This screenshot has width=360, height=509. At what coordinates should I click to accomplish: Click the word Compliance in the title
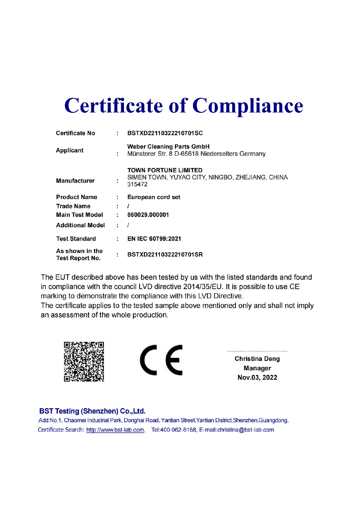click(247, 106)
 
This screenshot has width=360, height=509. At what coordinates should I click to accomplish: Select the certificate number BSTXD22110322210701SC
click(165, 133)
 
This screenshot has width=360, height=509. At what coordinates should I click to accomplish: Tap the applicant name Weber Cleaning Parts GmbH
click(168, 147)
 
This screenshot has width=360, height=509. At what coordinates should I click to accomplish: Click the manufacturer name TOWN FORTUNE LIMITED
click(165, 170)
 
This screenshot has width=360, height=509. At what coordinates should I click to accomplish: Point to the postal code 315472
click(137, 185)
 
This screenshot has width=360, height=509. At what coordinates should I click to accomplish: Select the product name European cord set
click(154, 197)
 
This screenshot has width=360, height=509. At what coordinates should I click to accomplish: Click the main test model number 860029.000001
click(148, 215)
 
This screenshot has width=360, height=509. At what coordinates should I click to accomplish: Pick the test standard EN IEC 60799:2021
click(154, 239)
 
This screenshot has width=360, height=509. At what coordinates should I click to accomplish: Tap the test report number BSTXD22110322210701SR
click(165, 254)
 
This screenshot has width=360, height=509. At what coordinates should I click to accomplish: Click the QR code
click(84, 362)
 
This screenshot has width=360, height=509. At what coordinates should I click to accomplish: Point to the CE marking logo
click(161, 360)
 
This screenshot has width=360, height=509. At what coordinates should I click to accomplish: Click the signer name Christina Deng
click(257, 359)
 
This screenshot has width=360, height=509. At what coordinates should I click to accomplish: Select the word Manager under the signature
click(257, 368)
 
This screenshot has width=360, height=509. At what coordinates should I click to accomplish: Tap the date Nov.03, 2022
click(257, 377)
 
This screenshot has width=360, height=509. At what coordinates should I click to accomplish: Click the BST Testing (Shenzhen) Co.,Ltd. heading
click(92, 411)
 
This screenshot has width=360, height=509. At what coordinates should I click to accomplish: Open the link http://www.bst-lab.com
click(115, 430)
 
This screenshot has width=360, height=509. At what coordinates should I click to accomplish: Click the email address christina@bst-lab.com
click(246, 430)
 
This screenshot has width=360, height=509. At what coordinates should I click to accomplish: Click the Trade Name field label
click(73, 206)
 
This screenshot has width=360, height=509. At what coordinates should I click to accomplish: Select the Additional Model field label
click(80, 225)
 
